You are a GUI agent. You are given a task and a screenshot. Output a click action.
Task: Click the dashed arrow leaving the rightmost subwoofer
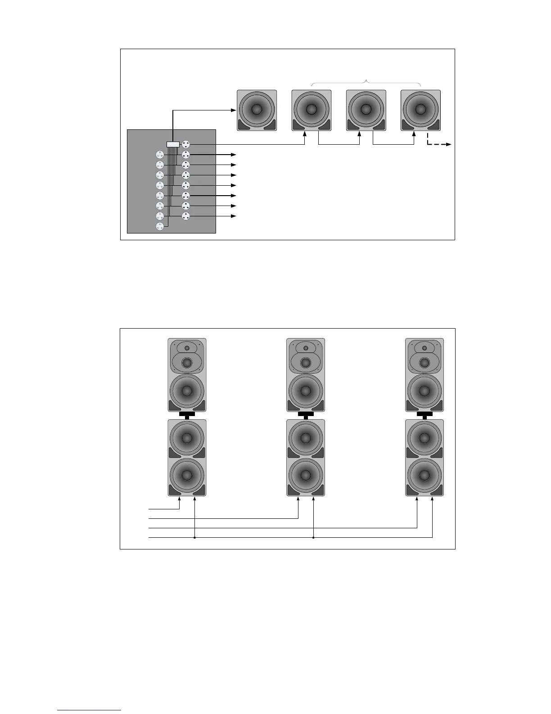[438, 144]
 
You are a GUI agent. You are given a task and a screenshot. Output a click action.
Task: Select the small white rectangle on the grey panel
[173, 144]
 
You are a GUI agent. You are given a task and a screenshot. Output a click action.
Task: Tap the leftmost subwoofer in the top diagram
[257, 110]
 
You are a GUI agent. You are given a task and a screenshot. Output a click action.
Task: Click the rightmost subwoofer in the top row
[420, 110]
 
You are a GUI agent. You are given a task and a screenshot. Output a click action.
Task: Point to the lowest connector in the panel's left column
[159, 227]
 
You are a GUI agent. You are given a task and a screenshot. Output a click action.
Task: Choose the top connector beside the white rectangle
[186, 144]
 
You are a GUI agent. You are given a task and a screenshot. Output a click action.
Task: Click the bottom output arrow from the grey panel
[233, 216]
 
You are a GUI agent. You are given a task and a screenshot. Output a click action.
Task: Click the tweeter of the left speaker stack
[187, 348]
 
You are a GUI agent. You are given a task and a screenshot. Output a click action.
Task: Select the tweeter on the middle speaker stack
[306, 348]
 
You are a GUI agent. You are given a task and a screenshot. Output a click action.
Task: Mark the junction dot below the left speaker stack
[194, 537]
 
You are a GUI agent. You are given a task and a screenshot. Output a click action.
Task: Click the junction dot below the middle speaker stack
[313, 537]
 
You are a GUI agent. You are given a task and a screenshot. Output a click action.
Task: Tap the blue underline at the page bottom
[90, 710]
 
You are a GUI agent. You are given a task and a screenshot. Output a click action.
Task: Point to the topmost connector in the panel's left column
[159, 155]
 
